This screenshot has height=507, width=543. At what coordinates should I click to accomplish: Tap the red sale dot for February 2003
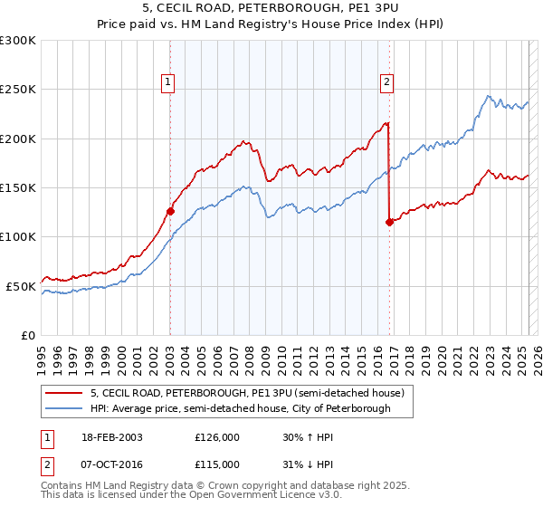[x=170, y=211]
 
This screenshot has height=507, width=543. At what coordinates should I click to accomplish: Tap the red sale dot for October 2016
[x=389, y=222]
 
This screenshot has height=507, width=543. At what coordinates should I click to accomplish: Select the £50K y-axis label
[x=21, y=286]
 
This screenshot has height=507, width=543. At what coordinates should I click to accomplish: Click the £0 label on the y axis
[x=27, y=335]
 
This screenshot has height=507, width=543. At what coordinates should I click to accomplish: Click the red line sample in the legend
[x=64, y=393]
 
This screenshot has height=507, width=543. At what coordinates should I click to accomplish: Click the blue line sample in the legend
[x=64, y=408]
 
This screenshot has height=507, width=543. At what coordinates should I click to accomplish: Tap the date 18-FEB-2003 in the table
[x=110, y=437]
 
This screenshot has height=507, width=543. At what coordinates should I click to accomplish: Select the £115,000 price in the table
[x=217, y=464]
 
